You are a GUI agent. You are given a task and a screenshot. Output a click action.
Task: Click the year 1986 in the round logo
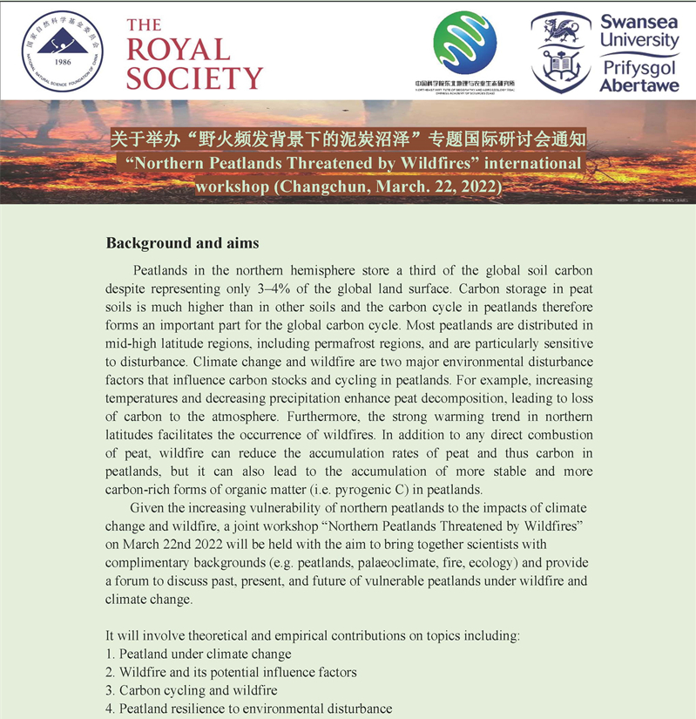[x=63, y=62]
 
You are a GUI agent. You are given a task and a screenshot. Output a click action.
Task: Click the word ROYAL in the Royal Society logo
[x=178, y=51]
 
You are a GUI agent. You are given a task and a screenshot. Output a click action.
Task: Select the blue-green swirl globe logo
[x=464, y=44]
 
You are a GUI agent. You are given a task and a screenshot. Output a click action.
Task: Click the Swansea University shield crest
[x=560, y=52]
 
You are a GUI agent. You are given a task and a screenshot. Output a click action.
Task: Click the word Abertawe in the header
[x=639, y=85]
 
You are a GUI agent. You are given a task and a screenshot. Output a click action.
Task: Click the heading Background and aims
[x=182, y=241]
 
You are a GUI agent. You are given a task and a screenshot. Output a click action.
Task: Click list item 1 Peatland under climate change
[x=199, y=654]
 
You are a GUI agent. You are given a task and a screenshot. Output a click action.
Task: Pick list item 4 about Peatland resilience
[x=249, y=709]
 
